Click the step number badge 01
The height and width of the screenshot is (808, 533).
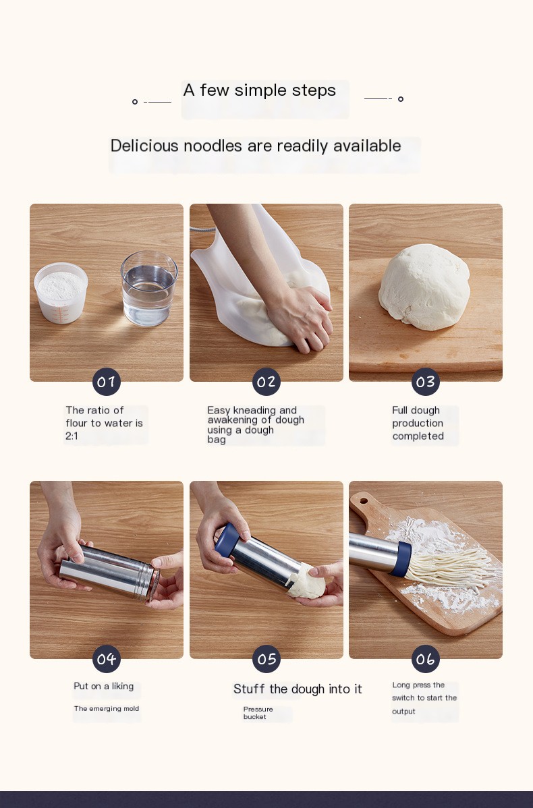[x=107, y=382]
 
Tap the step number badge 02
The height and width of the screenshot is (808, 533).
[x=266, y=382]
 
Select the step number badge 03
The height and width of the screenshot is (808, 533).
[x=426, y=382]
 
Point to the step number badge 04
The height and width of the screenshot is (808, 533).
[x=107, y=659]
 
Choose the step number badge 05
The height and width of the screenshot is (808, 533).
[x=266, y=659]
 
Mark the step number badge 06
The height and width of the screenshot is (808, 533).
[x=426, y=659]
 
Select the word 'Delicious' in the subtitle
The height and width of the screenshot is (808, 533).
[x=144, y=146]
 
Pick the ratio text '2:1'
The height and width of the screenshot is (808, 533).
[x=72, y=436]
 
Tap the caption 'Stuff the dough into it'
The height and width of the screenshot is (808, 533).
[x=298, y=689]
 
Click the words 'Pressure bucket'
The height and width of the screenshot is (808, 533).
[x=258, y=713]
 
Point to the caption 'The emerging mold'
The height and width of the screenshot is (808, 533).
[x=106, y=709]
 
